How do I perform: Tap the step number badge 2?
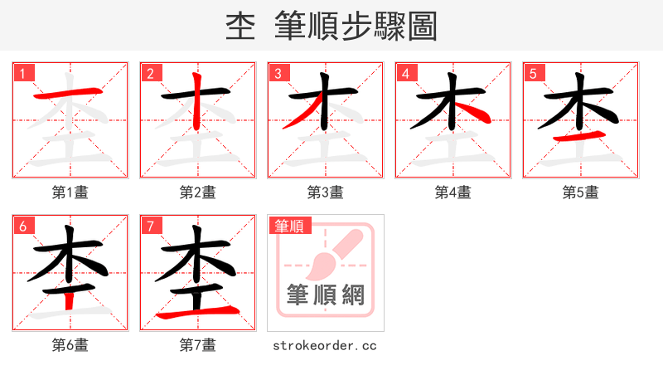point(151,73)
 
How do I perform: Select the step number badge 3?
point(278,73)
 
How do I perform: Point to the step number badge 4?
point(406,73)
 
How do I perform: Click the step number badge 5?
point(534,73)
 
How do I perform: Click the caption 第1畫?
point(70,192)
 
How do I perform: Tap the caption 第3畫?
point(326,192)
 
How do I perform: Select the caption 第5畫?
point(581,192)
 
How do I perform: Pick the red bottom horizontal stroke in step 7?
point(199,313)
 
